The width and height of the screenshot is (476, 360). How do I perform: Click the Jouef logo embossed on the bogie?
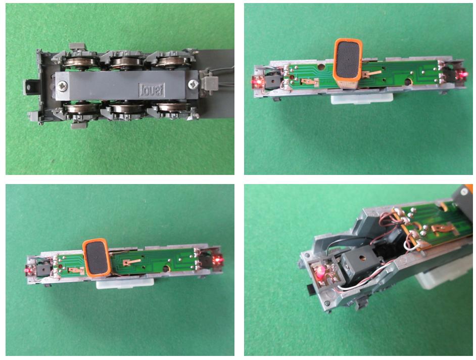click(152, 90)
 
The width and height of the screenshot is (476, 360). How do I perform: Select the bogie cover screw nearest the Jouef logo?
click(193, 84)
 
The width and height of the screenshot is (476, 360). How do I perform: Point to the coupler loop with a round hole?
click(30, 87)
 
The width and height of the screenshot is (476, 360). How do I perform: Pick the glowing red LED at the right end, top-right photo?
click(462, 74)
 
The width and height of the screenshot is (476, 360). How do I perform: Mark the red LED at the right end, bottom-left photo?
click(218, 260)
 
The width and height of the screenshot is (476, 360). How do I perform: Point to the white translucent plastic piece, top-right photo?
click(362, 98)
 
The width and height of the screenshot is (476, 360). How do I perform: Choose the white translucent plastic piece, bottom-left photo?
click(125, 283)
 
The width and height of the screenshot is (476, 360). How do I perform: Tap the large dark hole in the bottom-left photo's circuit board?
click(166, 269)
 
